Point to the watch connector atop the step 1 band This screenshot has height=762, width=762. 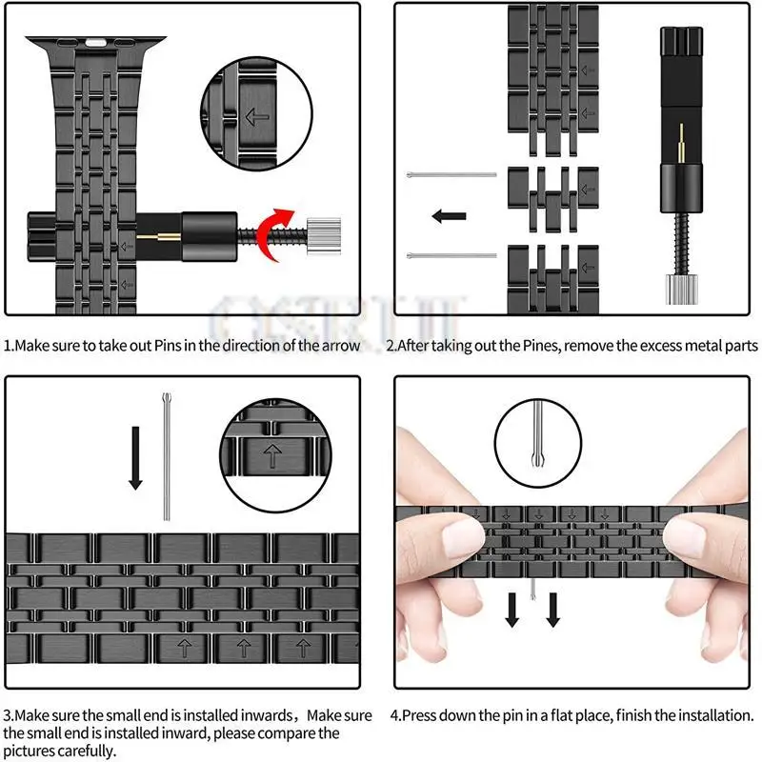[x=94, y=44]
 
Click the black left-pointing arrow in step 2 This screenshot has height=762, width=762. [x=448, y=215]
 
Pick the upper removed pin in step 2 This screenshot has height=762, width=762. [x=451, y=174]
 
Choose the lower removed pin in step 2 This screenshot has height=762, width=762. [x=451, y=254]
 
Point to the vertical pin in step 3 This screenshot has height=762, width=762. [x=167, y=456]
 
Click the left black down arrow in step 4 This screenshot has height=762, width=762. [x=512, y=610]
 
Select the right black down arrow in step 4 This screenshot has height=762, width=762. [x=553, y=610]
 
